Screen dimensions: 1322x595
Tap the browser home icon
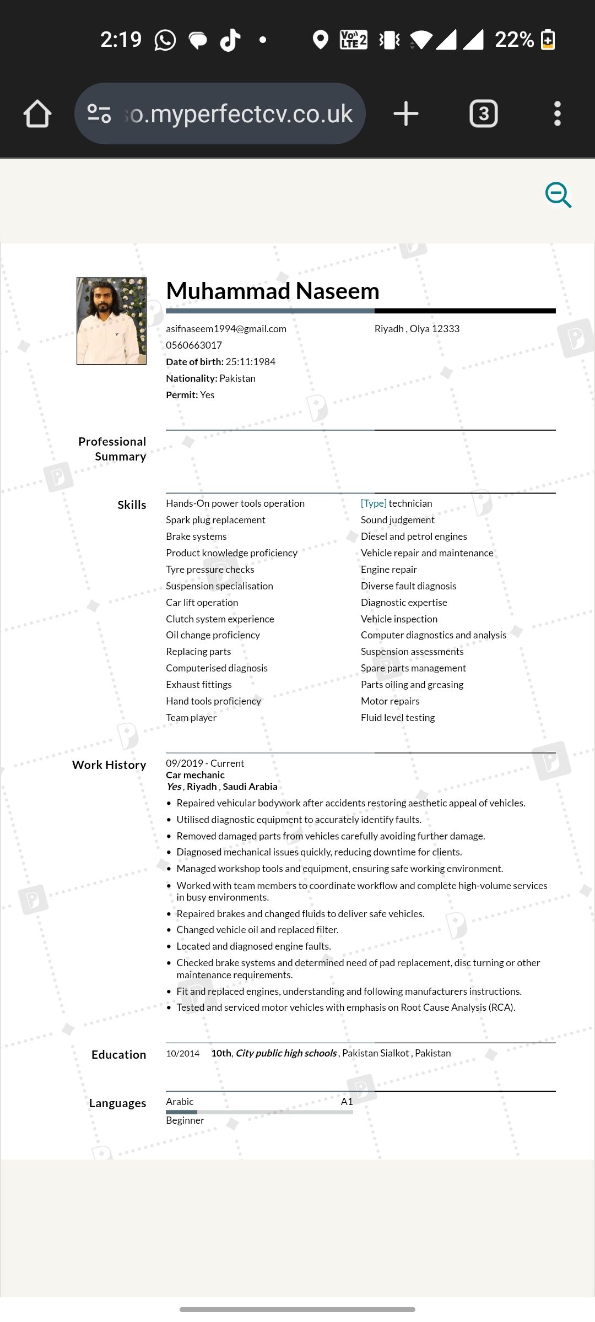37,114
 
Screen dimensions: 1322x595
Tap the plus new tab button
406,114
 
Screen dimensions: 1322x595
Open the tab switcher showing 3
483,114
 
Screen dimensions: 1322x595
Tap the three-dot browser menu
557,114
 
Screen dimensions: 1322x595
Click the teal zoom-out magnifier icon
558,195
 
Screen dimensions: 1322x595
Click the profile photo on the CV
111,321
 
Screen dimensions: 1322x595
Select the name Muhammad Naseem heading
273,291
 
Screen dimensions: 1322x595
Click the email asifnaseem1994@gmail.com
226,329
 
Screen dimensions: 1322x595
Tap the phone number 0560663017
194,345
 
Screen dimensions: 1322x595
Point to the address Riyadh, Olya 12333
416,329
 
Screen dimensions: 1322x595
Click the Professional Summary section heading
112,449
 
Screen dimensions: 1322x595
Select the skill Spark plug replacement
215,520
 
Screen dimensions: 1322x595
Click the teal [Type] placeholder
374,503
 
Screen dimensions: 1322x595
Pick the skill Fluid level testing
398,718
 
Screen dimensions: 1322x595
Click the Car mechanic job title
195,775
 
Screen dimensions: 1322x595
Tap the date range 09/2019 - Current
205,763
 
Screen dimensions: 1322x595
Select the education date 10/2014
182,1054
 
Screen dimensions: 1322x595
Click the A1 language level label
347,1102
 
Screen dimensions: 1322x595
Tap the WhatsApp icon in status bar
165,40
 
